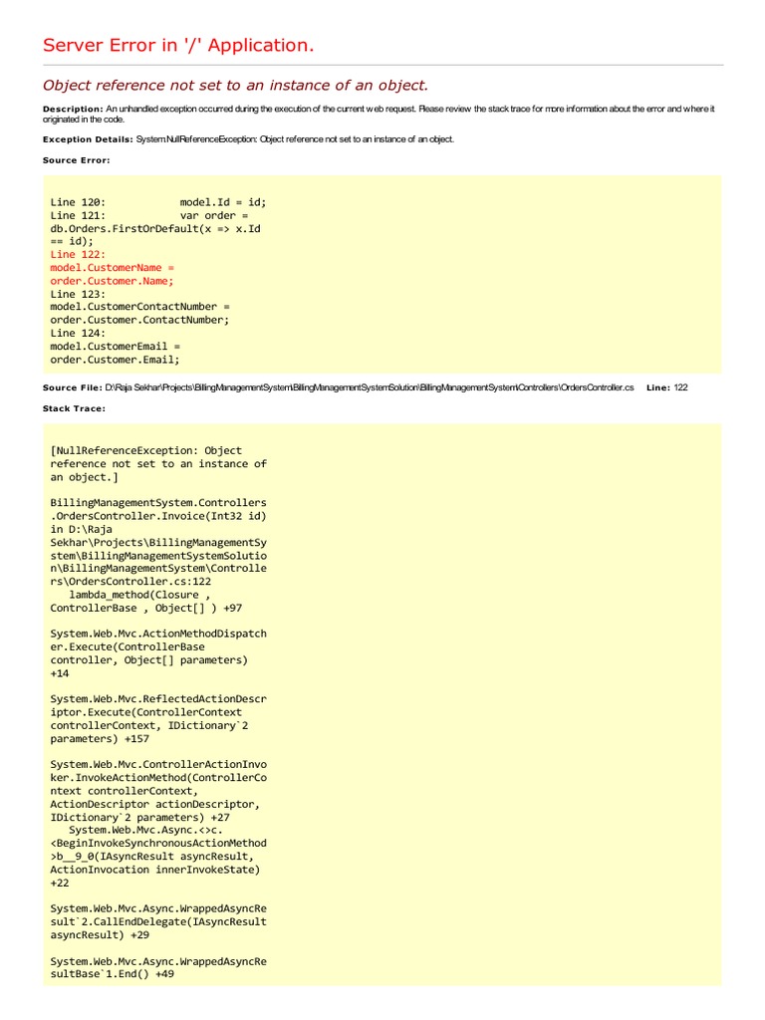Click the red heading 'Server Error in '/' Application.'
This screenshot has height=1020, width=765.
click(x=178, y=46)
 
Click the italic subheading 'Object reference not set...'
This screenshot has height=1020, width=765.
click(x=235, y=86)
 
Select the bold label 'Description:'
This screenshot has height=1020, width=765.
click(x=73, y=109)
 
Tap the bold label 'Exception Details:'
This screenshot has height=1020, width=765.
click(x=88, y=139)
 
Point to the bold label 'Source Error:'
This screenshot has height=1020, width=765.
click(x=77, y=160)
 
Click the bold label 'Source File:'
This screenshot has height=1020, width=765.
click(x=72, y=387)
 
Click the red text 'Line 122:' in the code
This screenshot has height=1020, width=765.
click(x=78, y=255)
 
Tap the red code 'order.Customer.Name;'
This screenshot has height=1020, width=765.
click(x=112, y=281)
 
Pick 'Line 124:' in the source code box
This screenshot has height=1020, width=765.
click(x=78, y=334)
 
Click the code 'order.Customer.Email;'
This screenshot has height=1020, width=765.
click(x=116, y=360)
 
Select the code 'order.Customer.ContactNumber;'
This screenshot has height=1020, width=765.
click(x=139, y=320)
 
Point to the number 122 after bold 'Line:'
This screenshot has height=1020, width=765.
click(x=680, y=387)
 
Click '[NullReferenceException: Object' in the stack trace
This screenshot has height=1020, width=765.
click(x=145, y=450)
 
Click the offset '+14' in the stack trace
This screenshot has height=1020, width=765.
click(x=60, y=673)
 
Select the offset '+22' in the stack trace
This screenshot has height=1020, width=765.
click(x=60, y=883)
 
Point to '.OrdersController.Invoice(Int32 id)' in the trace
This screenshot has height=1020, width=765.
click(x=157, y=516)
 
